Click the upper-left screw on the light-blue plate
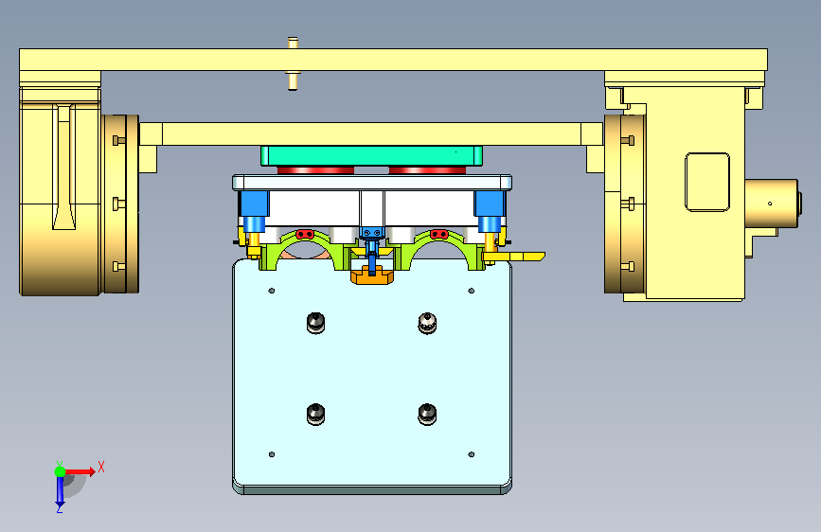(315, 323)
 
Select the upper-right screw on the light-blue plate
(427, 323)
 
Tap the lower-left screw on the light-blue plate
(315, 415)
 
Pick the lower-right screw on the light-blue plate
(427, 415)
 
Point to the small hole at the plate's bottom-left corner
(272, 454)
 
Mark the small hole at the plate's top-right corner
(472, 291)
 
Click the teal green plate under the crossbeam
(372, 156)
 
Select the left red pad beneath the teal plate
(315, 170)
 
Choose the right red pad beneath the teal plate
(427, 170)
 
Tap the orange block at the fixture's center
(372, 276)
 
